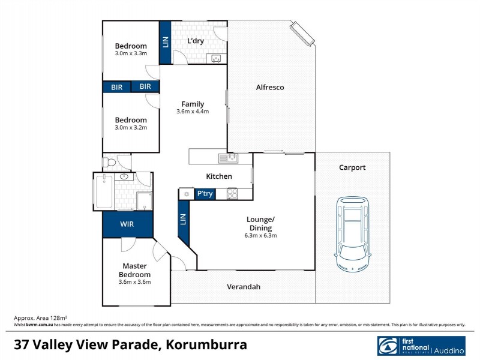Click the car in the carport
click(x=352, y=232)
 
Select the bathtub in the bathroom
click(x=104, y=192)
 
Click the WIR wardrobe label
click(x=127, y=224)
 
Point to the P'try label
click(x=205, y=194)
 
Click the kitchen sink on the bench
click(x=228, y=158)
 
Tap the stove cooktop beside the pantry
click(x=232, y=194)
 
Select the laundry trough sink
click(x=216, y=58)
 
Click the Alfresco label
click(x=270, y=88)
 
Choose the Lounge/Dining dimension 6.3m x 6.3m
click(x=260, y=236)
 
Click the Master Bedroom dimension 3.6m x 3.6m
click(x=135, y=282)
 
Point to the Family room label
click(x=193, y=104)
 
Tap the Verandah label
click(x=244, y=287)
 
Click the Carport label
click(x=352, y=168)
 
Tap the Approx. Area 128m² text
click(x=40, y=317)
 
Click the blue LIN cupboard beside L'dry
click(x=166, y=42)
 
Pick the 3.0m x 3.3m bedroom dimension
click(x=131, y=54)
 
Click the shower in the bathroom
click(x=143, y=200)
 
